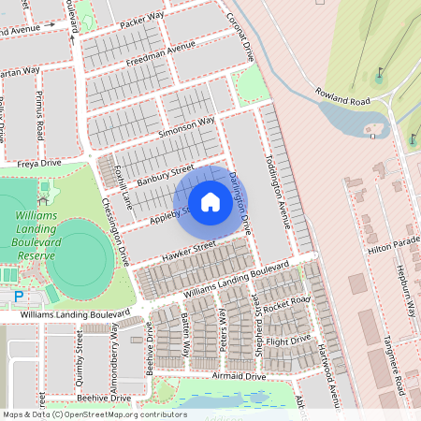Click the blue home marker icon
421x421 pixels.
click(x=210, y=202)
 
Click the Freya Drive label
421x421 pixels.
click(x=38, y=163)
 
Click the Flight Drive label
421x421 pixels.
click(x=287, y=341)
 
